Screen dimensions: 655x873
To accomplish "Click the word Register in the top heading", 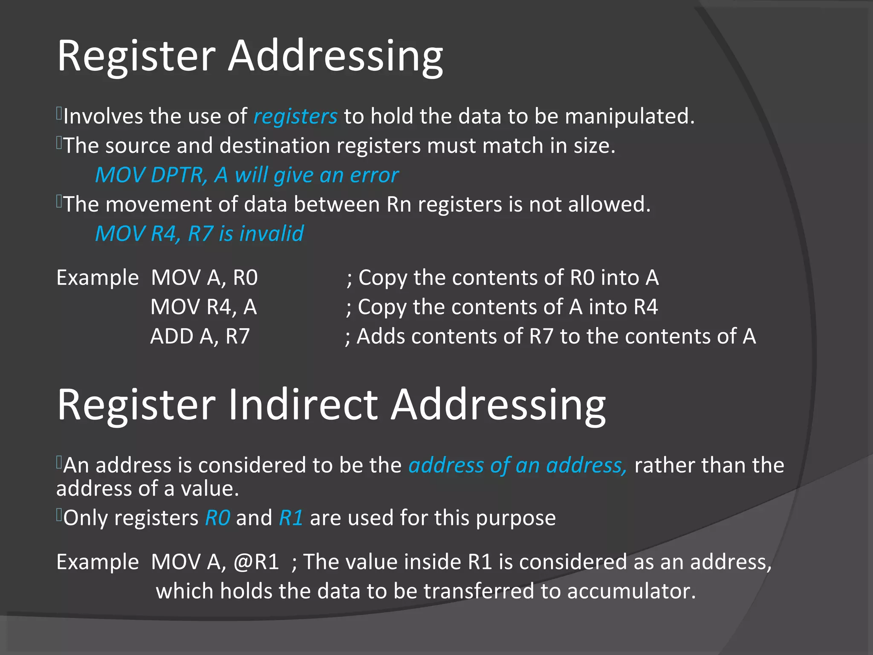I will pos(136,56).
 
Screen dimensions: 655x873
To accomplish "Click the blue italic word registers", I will pos(295,116).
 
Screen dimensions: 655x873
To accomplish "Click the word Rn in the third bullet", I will pos(399,204).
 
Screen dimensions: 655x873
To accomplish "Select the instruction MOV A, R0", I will pos(204,278).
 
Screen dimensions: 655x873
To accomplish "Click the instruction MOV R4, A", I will pos(203,307).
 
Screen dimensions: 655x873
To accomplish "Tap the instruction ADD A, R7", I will pos(199,336).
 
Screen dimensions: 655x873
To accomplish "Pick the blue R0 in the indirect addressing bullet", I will pos(217,518).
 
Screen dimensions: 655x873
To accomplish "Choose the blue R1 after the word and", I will pos(291,518).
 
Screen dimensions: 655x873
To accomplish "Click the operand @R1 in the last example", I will pos(256,562).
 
